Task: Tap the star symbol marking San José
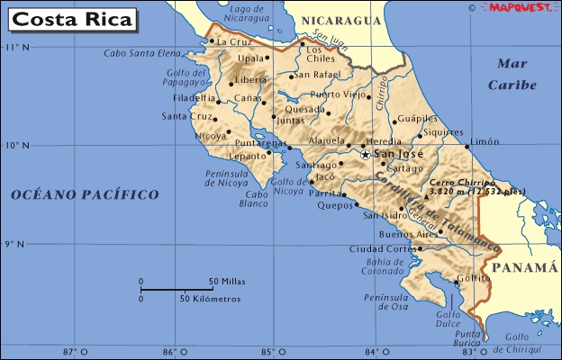365,155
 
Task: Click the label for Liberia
251,79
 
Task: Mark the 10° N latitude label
17,145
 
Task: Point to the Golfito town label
473,279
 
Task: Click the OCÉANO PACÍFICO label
85,194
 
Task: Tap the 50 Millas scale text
226,281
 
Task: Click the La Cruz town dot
211,40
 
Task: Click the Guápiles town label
417,118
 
